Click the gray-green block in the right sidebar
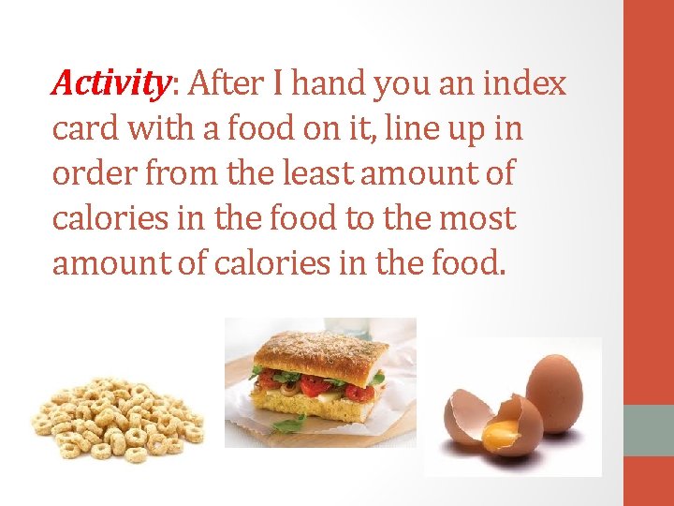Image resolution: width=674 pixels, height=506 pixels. (649, 430)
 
